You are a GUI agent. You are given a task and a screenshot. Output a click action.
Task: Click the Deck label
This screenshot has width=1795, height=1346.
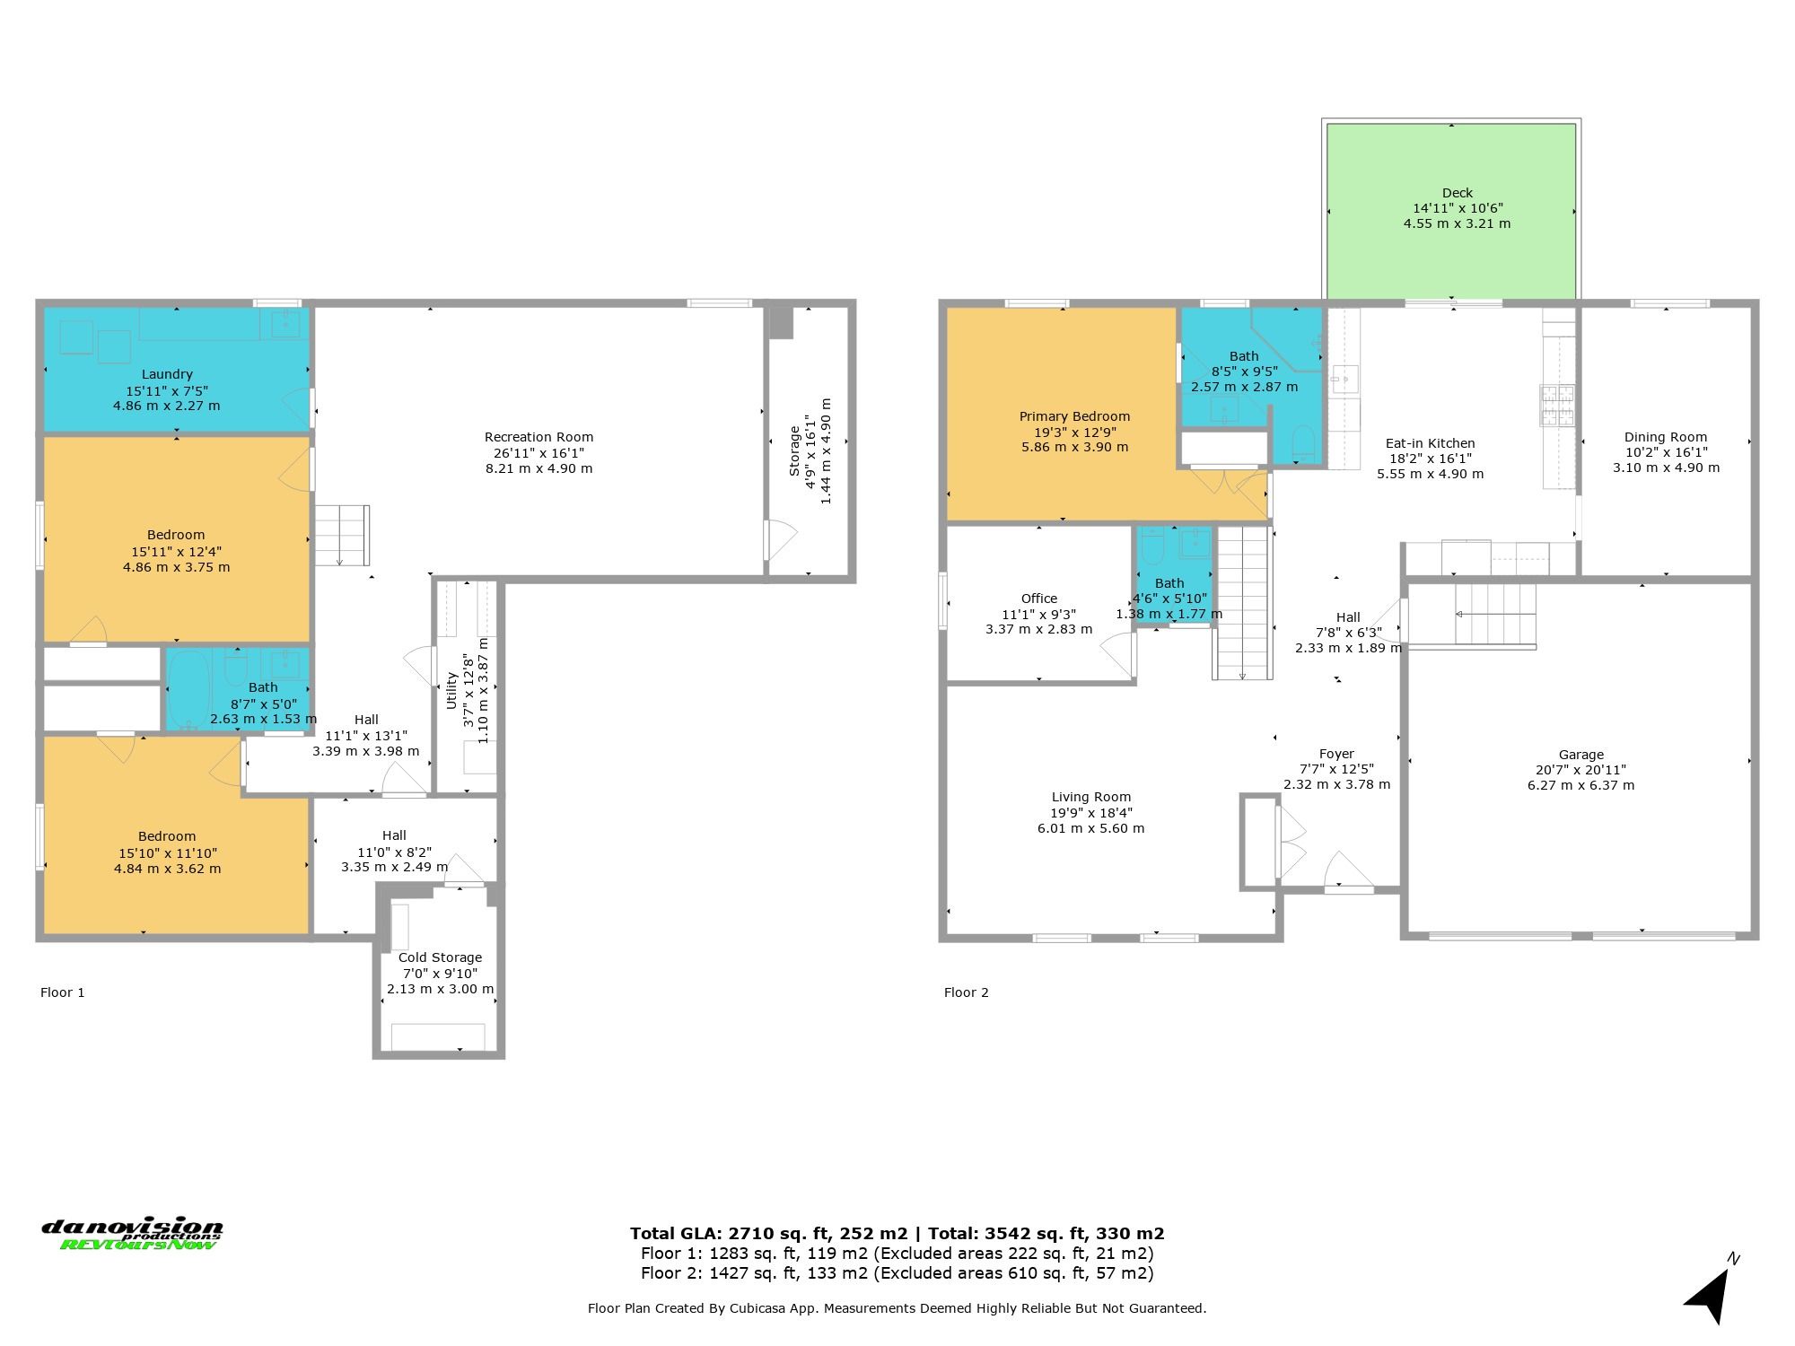1458,193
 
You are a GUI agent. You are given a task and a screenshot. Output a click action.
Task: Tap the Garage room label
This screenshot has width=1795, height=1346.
1580,755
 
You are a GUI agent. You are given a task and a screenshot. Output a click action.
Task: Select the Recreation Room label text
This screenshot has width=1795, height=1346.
538,437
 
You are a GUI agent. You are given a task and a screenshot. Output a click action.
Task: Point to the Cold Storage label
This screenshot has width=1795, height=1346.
440,957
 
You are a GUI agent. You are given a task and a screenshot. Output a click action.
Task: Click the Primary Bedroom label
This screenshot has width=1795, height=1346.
1074,416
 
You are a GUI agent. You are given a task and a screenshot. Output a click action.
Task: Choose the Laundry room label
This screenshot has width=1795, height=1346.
167,374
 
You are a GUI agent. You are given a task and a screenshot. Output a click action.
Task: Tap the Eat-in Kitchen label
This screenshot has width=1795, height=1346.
1430,443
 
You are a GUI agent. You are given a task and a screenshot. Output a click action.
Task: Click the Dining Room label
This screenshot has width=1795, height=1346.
1666,437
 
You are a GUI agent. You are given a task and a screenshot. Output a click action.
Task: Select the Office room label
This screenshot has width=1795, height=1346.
1039,599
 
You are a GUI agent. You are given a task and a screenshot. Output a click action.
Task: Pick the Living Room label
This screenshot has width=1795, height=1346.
1090,797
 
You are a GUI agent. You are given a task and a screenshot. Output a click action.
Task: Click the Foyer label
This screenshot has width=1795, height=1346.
1336,754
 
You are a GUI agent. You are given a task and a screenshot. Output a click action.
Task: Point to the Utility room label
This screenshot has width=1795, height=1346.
452,690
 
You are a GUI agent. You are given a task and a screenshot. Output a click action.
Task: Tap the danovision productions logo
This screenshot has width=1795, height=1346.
132,1234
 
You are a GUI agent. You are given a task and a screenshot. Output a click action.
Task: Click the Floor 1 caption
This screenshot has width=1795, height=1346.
63,992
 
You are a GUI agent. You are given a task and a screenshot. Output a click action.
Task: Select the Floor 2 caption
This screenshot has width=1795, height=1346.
967,992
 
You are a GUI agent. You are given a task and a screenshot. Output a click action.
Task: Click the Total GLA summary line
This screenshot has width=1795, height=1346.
897,1233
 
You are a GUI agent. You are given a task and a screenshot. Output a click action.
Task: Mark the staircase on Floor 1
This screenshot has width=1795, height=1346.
341,536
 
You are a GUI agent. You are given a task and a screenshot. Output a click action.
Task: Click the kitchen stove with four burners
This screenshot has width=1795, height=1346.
1558,405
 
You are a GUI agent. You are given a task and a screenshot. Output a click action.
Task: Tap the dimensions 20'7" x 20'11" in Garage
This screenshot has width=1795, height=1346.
1581,770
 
